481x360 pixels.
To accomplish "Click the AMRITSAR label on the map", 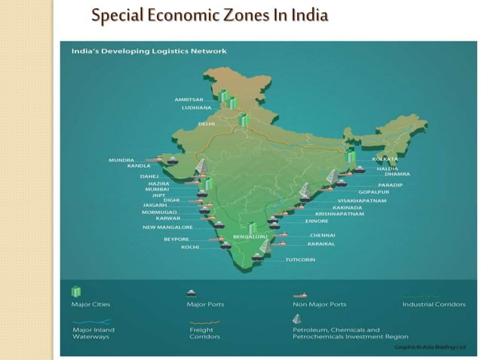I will click(188, 99).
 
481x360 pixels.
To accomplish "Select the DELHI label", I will click(206, 124).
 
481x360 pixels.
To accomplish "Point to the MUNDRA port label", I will click(121, 160).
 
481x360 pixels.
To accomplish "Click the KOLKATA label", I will click(384, 160).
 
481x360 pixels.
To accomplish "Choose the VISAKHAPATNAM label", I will click(361, 201).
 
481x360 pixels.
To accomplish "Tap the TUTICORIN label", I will click(300, 260).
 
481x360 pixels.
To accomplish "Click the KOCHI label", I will click(190, 247).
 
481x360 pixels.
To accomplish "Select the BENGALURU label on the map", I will click(250, 237).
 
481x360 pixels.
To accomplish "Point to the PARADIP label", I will click(391, 185).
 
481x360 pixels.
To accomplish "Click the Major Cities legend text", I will click(88, 304).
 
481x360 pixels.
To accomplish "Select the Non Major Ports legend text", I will click(319, 304).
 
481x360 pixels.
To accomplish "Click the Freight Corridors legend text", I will click(204, 334).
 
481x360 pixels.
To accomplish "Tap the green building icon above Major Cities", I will click(75, 291).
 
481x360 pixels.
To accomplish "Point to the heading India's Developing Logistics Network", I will click(148, 51).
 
